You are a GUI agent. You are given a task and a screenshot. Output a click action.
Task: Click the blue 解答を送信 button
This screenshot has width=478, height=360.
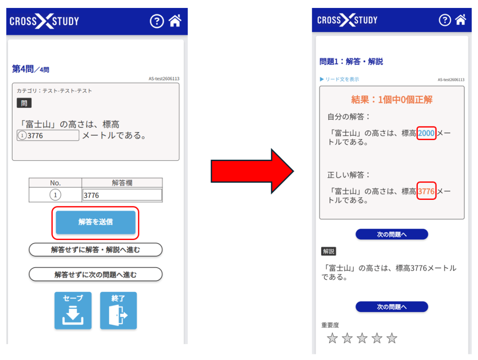coord(95,222)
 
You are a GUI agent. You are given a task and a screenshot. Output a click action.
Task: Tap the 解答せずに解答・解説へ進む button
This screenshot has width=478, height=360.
coord(95,250)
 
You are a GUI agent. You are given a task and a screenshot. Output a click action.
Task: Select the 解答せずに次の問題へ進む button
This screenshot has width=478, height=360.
coord(95,275)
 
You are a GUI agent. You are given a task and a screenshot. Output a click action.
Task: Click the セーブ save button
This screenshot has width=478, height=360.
coord(73,311)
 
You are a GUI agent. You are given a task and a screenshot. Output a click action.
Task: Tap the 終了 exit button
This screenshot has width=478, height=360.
coord(118,311)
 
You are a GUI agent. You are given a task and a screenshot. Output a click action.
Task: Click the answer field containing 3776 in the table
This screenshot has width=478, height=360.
coord(122,195)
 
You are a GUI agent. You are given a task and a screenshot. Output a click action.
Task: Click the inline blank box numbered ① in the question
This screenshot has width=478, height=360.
coord(48,135)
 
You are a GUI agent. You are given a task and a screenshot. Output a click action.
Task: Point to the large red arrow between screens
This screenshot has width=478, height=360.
coord(253,171)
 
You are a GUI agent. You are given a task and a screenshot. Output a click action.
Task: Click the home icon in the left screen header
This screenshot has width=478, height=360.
coord(175,21)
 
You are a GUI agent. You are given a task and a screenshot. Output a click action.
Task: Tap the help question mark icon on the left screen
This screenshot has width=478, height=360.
coord(157,21)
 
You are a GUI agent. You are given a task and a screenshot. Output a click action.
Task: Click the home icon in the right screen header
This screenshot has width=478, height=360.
coord(460,20)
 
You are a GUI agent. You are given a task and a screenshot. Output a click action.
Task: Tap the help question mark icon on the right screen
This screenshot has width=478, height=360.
coord(445,20)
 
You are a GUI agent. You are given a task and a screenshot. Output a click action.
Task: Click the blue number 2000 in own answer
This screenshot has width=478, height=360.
coord(426,133)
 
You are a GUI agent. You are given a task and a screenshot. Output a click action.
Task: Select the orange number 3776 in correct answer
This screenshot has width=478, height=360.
coord(426,191)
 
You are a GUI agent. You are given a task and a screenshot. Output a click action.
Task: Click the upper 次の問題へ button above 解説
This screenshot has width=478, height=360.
coord(392,234)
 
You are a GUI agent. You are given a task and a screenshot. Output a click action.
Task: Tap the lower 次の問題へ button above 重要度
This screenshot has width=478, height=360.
coord(392,307)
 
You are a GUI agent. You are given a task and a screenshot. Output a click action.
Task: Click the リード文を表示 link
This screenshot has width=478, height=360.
coord(339,79)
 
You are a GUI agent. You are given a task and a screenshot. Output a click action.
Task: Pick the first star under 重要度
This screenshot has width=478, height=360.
coord(332,339)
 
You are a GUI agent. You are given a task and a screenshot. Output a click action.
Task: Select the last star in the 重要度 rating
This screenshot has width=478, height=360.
coord(392,339)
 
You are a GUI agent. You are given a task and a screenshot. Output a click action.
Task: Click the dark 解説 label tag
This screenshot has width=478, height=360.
coord(329,251)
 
